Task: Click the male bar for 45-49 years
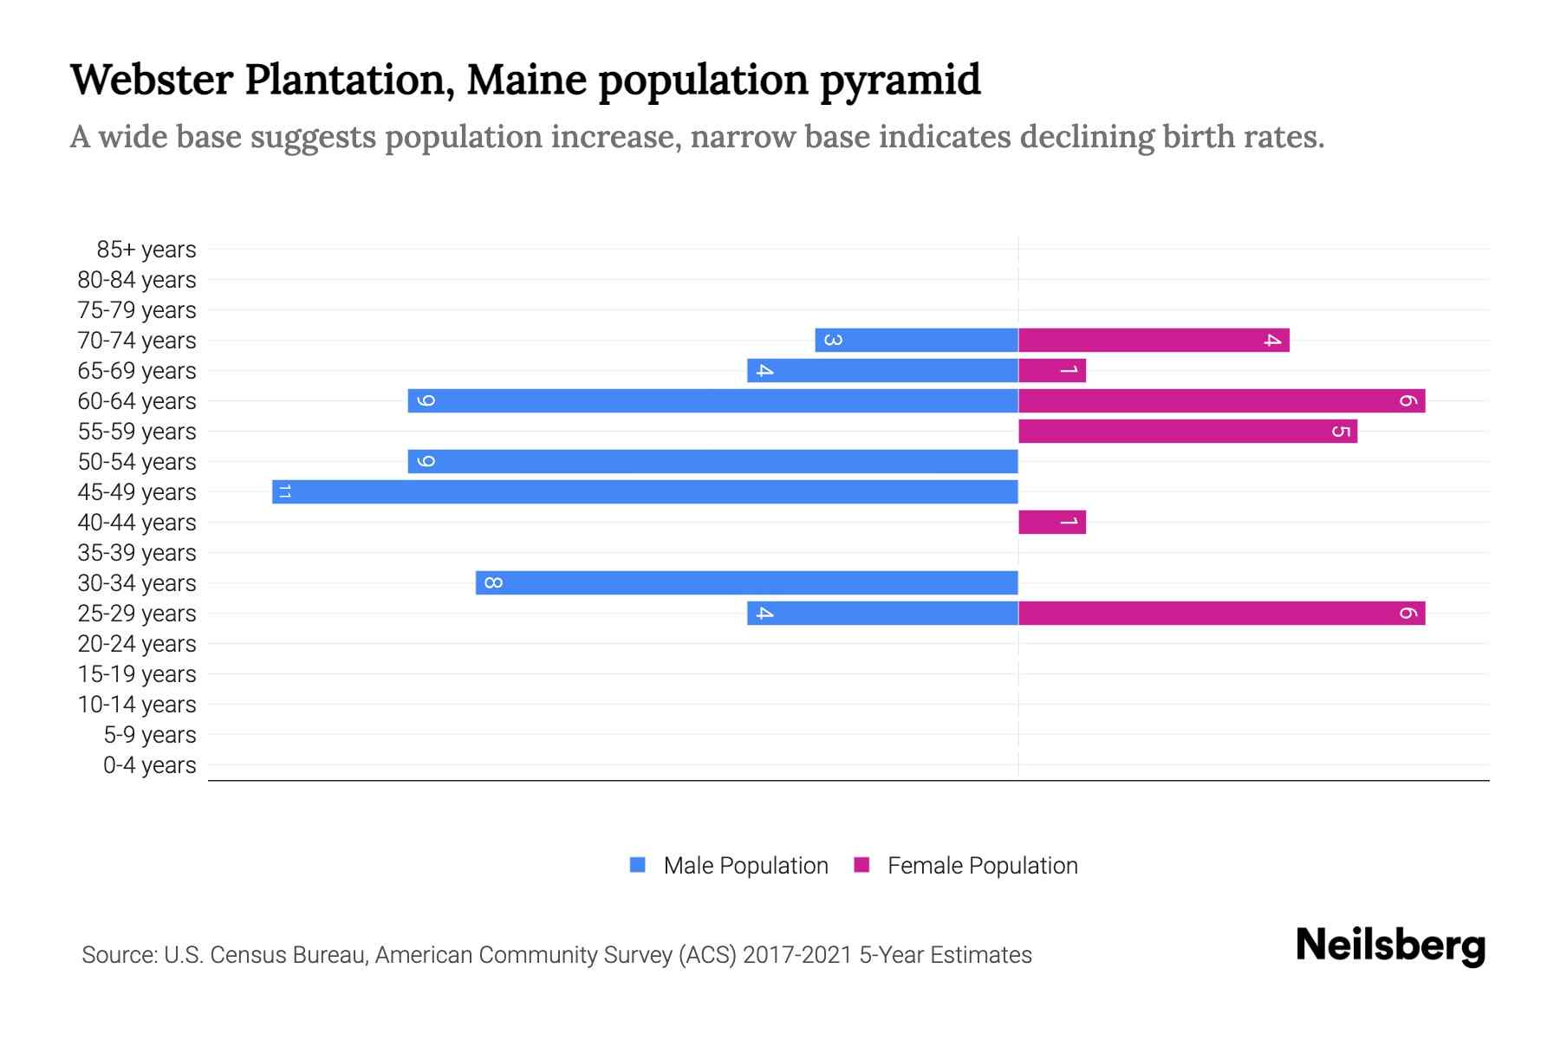pyautogui.click(x=645, y=491)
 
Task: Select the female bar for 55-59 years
pyautogui.click(x=1187, y=431)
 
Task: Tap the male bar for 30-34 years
pyautogui.click(x=746, y=582)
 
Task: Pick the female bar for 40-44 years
pyautogui.click(x=1051, y=522)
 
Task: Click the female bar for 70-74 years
pyautogui.click(x=1154, y=340)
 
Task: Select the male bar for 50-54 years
pyautogui.click(x=712, y=461)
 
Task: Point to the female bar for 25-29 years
pyautogui.click(x=1221, y=613)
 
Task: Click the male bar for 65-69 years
pyautogui.click(x=882, y=370)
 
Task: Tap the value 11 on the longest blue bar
pyautogui.click(x=284, y=491)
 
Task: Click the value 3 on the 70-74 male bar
pyautogui.click(x=832, y=340)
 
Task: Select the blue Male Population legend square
pyautogui.click(x=638, y=865)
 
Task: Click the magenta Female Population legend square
pyautogui.click(x=861, y=865)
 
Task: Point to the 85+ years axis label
pyautogui.click(x=146, y=250)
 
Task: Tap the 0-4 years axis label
pyautogui.click(x=149, y=765)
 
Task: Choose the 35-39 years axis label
pyautogui.click(x=137, y=553)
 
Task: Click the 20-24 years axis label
pyautogui.click(x=137, y=644)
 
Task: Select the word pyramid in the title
pyautogui.click(x=900, y=80)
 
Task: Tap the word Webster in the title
pyautogui.click(x=152, y=80)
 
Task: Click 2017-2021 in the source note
pyautogui.click(x=797, y=955)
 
